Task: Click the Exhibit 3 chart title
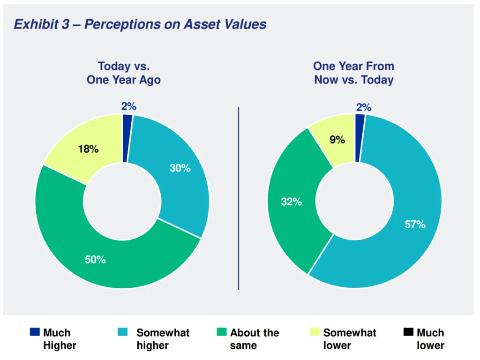[140, 24]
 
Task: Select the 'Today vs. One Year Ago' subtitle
[123, 73]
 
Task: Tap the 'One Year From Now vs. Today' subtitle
[353, 73]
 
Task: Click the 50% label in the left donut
[95, 259]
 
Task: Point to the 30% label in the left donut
[180, 168]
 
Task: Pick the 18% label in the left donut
[88, 149]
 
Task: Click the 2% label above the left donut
[128, 106]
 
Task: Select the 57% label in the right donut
[415, 224]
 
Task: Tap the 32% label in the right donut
[291, 202]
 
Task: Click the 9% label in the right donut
[337, 139]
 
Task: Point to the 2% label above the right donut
[363, 107]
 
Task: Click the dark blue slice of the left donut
[127, 138]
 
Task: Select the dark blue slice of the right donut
[360, 138]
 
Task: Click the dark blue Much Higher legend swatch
[35, 332]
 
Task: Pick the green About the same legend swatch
[221, 332]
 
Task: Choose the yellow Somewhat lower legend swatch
[315, 332]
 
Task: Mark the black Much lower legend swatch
[408, 332]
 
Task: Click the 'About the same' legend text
[254, 339]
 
